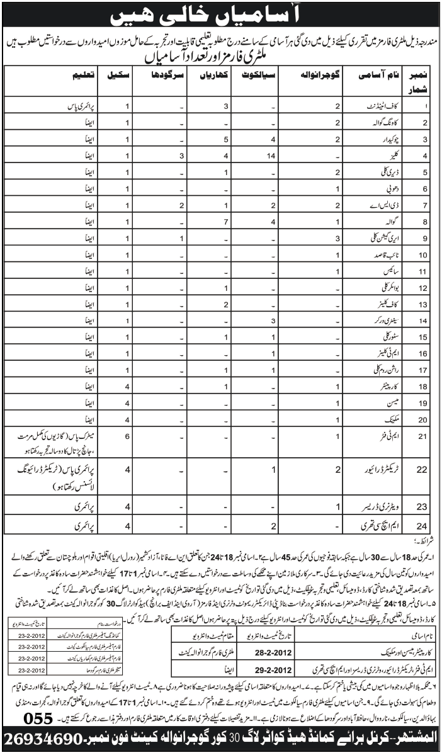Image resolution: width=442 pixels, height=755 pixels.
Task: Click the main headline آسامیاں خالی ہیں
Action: [222, 14]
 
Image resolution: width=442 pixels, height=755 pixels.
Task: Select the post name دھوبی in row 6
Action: [368, 188]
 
